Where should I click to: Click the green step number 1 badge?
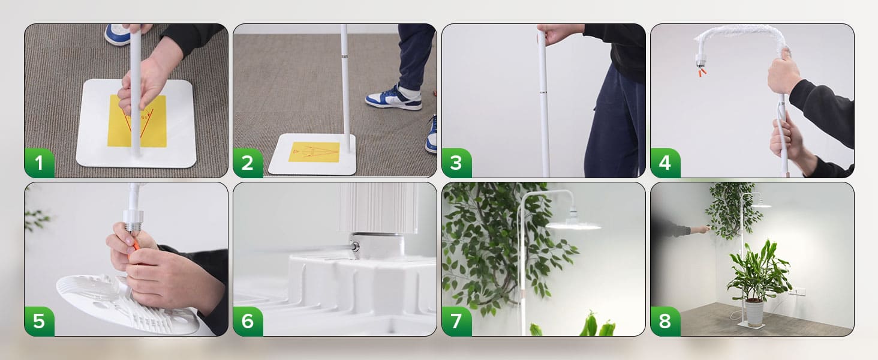(x=39, y=163)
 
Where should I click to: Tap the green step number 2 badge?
(x=248, y=163)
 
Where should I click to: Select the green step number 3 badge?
(x=456, y=163)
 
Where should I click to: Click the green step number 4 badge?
(x=665, y=163)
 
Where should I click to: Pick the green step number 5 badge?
(x=39, y=322)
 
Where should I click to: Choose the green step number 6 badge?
(x=248, y=322)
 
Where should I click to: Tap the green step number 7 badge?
(x=456, y=322)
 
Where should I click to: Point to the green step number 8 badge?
(x=665, y=322)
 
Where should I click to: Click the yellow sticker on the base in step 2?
(x=314, y=152)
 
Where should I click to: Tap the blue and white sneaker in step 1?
(x=118, y=35)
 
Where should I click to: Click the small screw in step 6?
(x=355, y=246)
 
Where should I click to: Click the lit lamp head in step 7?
(x=573, y=224)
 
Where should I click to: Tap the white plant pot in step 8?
(x=754, y=312)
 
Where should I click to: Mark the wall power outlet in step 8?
(x=799, y=292)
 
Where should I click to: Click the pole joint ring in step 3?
(x=543, y=92)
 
